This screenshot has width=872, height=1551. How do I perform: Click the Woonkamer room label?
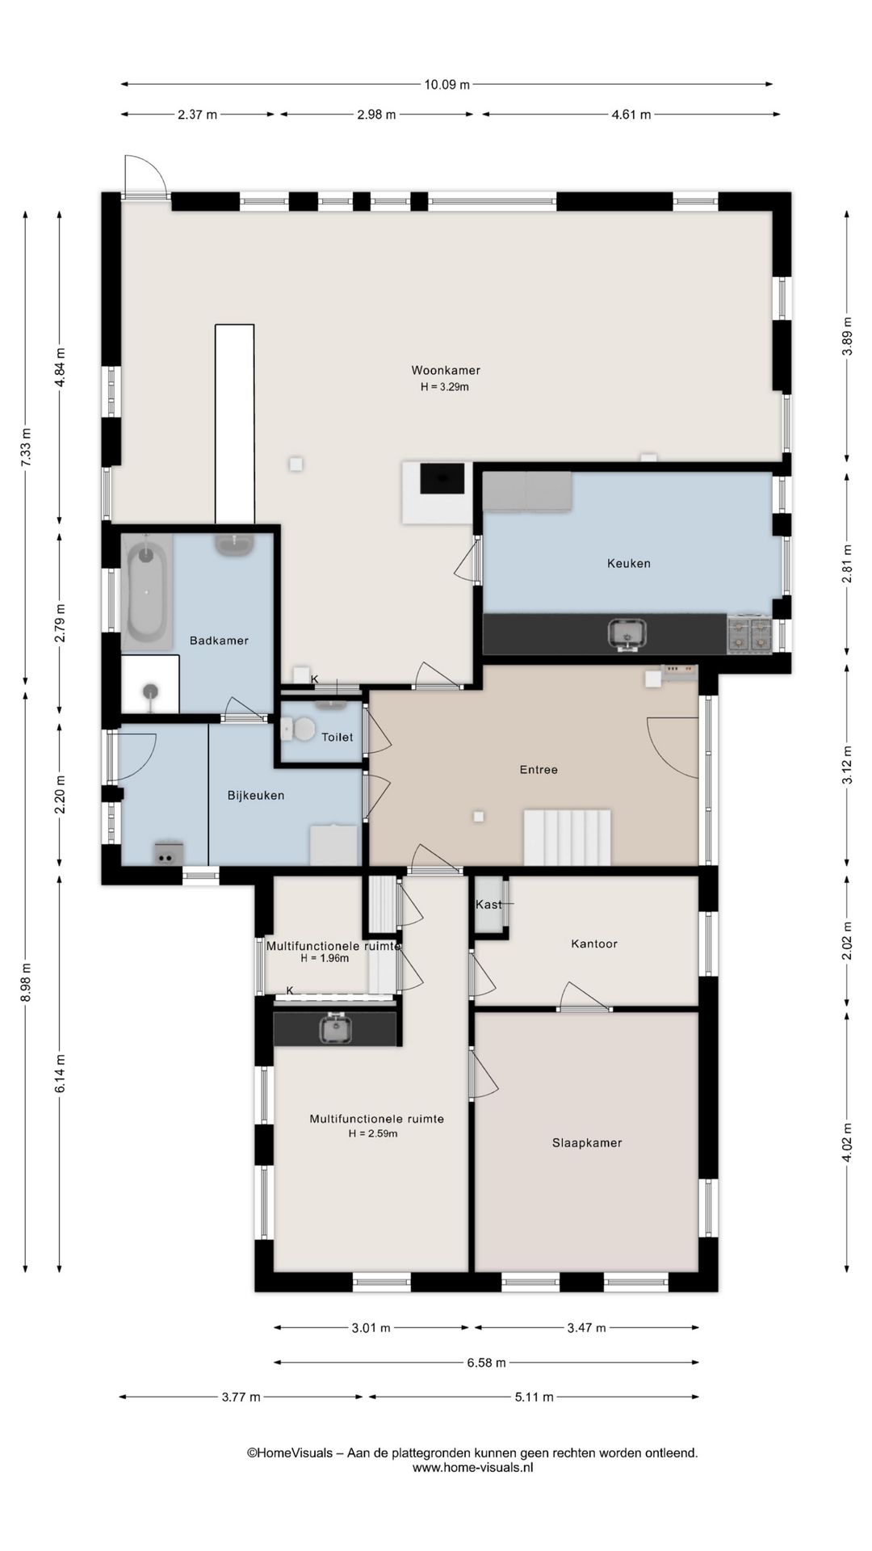click(x=446, y=371)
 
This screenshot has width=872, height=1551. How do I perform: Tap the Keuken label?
click(x=629, y=563)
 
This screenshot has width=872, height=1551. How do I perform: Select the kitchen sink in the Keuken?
click(x=627, y=633)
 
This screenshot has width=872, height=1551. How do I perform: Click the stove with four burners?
click(x=749, y=633)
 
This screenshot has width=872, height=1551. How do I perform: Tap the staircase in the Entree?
click(x=568, y=837)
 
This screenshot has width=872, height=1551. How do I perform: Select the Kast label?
click(x=488, y=905)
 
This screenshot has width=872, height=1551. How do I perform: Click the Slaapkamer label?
click(x=587, y=1143)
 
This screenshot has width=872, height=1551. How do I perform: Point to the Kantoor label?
click(x=594, y=944)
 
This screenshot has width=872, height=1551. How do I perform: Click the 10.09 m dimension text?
click(x=446, y=84)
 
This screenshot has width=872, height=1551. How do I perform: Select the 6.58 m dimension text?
click(x=486, y=1363)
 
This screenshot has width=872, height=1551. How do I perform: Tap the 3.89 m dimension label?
click(x=846, y=333)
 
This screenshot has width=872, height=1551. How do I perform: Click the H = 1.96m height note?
click(x=325, y=959)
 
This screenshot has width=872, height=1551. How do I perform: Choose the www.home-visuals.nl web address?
click(x=472, y=1468)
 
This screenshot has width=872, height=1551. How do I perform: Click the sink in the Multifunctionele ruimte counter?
click(x=334, y=1028)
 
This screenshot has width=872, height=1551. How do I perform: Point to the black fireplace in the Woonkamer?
click(x=442, y=478)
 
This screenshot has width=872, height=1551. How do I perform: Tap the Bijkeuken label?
click(x=256, y=796)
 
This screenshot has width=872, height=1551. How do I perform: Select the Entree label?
click(x=539, y=770)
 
